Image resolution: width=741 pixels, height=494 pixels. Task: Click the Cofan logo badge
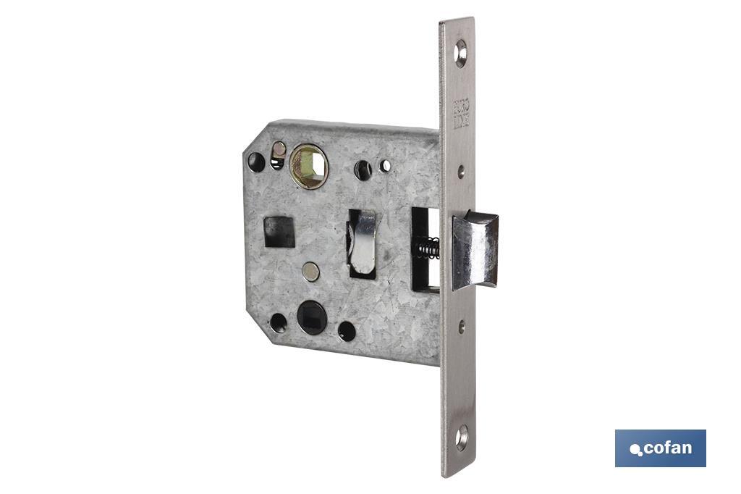(660, 448)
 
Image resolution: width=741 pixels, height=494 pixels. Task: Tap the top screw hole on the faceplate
(460, 53)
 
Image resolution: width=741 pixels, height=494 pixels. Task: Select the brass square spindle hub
(309, 167)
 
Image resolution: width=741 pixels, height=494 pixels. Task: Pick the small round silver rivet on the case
(310, 272)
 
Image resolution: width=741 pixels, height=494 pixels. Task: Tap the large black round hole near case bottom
(312, 317)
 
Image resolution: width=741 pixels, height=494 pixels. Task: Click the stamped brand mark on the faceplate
(460, 117)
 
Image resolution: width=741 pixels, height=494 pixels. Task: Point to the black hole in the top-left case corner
(257, 162)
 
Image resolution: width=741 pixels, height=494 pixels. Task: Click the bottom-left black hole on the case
(278, 322)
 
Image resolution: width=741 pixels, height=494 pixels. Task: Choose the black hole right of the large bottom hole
(347, 330)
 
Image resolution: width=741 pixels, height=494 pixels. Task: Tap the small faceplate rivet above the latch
(461, 171)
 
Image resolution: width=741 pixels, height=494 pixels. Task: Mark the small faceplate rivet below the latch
(461, 326)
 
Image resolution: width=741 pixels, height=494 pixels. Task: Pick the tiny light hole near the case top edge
(386, 166)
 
